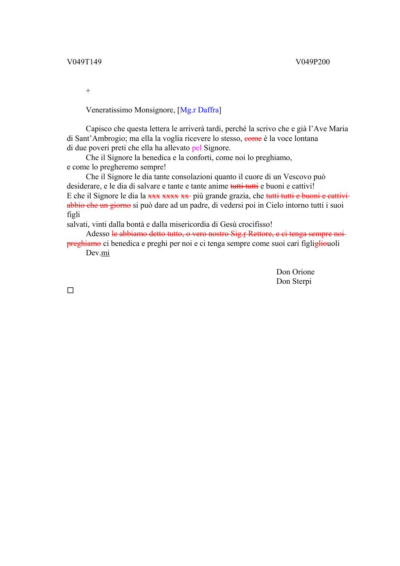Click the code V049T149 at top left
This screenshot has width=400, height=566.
[84, 62]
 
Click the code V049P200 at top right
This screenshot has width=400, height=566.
[312, 62]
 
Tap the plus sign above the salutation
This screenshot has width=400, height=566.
[88, 91]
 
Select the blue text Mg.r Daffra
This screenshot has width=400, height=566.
[199, 110]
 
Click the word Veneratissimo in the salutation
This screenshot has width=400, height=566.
[109, 110]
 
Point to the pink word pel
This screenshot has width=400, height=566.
[196, 148]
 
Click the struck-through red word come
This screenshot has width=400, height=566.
[253, 139]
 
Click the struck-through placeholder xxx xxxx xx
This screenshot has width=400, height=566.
[169, 196]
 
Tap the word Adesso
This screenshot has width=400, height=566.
[98, 234]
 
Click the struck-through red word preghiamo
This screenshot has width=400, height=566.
[84, 244]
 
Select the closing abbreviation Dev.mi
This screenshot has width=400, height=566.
[98, 253]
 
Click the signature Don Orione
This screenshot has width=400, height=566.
[295, 272]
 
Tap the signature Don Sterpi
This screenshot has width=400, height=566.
[294, 281]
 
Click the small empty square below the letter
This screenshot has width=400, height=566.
[70, 290]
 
